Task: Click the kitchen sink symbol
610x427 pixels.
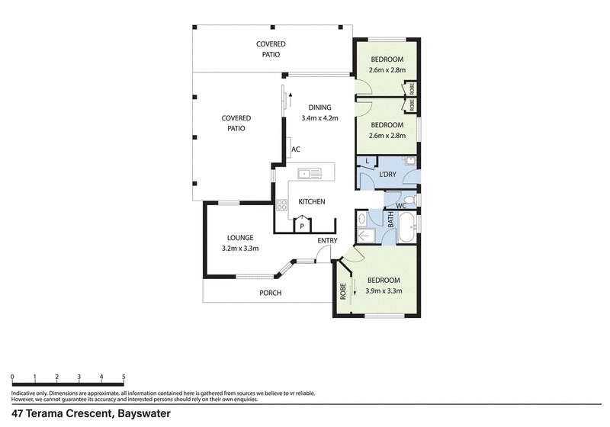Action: pyautogui.click(x=310, y=173)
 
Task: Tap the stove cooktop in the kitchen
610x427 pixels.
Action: pyautogui.click(x=281, y=205)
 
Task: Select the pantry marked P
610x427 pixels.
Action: pyautogui.click(x=302, y=224)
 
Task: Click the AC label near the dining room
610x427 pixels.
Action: pyautogui.click(x=296, y=149)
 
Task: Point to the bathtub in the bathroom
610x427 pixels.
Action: pyautogui.click(x=407, y=226)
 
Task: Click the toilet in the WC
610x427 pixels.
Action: pyautogui.click(x=411, y=200)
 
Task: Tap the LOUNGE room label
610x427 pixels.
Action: pyautogui.click(x=240, y=238)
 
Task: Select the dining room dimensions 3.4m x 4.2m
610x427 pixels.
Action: pyautogui.click(x=319, y=118)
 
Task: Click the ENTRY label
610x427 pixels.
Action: pyautogui.click(x=327, y=241)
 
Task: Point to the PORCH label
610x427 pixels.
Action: pyautogui.click(x=271, y=293)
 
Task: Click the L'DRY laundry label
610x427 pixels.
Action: pyautogui.click(x=387, y=174)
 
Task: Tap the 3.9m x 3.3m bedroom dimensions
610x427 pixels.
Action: pyautogui.click(x=384, y=291)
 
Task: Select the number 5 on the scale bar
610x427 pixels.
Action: pyautogui.click(x=124, y=377)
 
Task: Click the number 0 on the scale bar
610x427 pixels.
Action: pyautogui.click(x=12, y=377)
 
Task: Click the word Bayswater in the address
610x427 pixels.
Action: pyautogui.click(x=144, y=413)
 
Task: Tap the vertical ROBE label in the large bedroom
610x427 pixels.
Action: pyautogui.click(x=342, y=291)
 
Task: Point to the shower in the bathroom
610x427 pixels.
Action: pyautogui.click(x=366, y=236)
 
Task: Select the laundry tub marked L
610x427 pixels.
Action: pyautogui.click(x=368, y=162)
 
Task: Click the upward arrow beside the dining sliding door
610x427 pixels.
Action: pyautogui.click(x=291, y=100)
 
